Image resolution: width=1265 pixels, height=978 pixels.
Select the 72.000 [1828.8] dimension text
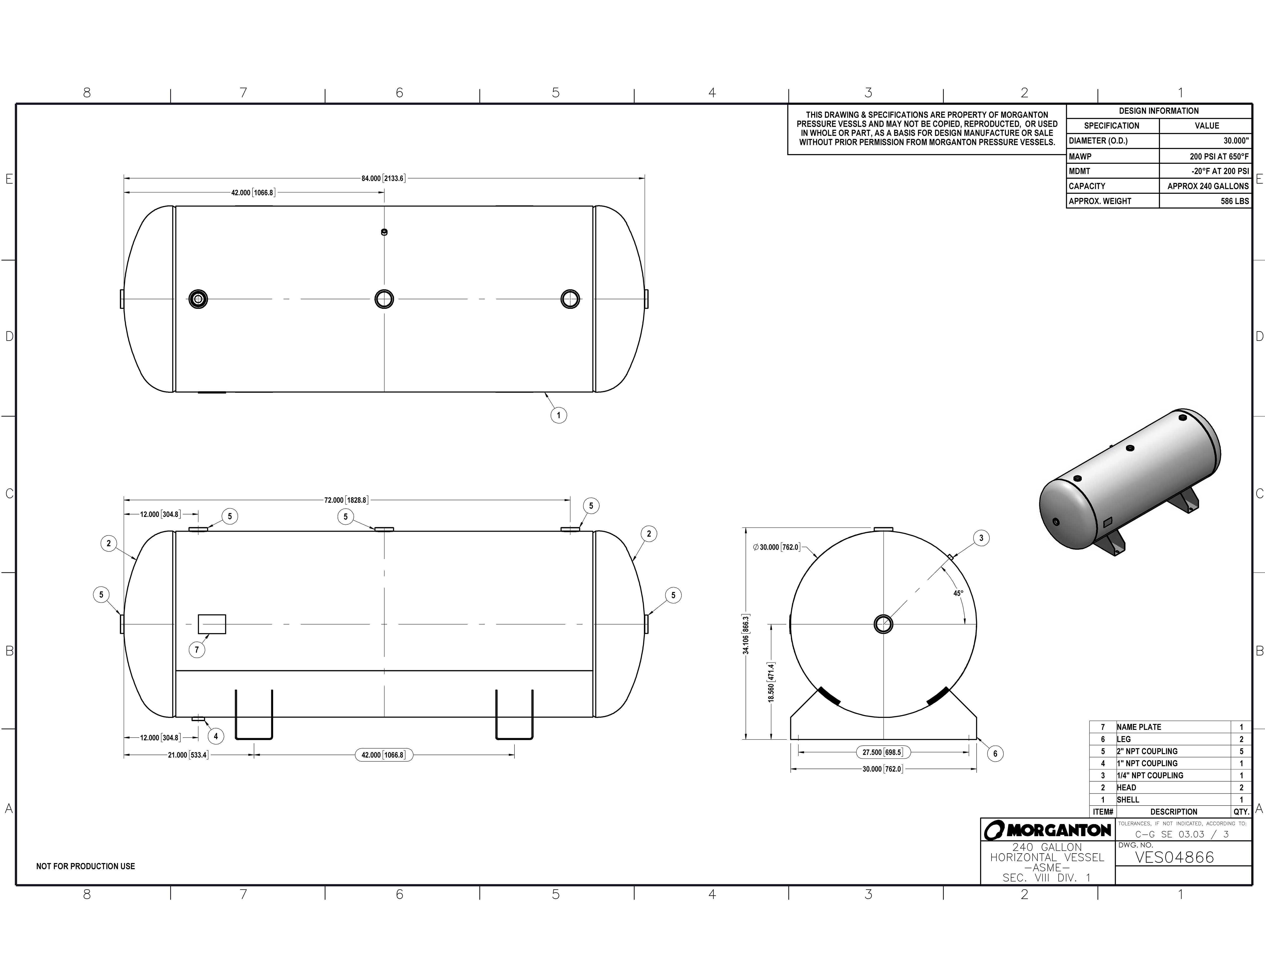(346, 500)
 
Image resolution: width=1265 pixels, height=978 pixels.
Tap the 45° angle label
(959, 593)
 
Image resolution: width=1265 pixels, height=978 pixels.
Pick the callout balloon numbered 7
(197, 650)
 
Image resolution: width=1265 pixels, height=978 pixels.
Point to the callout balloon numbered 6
(995, 754)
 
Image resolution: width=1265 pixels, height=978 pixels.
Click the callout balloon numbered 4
(216, 736)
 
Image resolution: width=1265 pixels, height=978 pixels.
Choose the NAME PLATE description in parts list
(1139, 727)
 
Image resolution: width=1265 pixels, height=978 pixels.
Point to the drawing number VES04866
(1174, 857)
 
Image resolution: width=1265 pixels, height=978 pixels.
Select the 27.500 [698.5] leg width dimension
(882, 753)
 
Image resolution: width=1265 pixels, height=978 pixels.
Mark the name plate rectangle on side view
(212, 624)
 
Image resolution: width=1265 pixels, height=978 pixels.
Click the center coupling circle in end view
(883, 624)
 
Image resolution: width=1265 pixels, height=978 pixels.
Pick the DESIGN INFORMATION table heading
(1158, 111)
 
